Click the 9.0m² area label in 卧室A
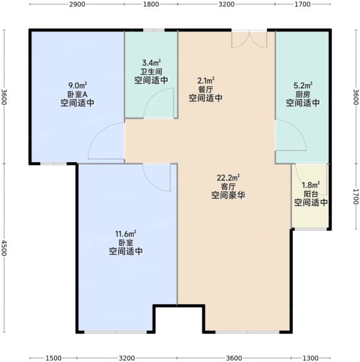click(x=77, y=85)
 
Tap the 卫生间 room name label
click(x=151, y=72)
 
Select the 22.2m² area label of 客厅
click(x=228, y=178)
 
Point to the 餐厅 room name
click(x=205, y=89)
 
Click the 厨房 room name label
click(x=303, y=94)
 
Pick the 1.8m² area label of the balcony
click(x=311, y=185)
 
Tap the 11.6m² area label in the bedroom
click(x=126, y=234)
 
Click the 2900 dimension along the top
click(x=77, y=4)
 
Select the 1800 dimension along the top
click(x=151, y=4)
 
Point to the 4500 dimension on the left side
click(x=4, y=248)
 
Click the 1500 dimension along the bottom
click(x=53, y=358)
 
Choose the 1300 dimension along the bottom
click(x=310, y=358)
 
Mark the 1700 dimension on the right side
click(x=356, y=197)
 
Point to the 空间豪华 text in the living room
click(x=228, y=195)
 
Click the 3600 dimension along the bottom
click(x=234, y=358)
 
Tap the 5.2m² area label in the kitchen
click(x=303, y=85)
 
